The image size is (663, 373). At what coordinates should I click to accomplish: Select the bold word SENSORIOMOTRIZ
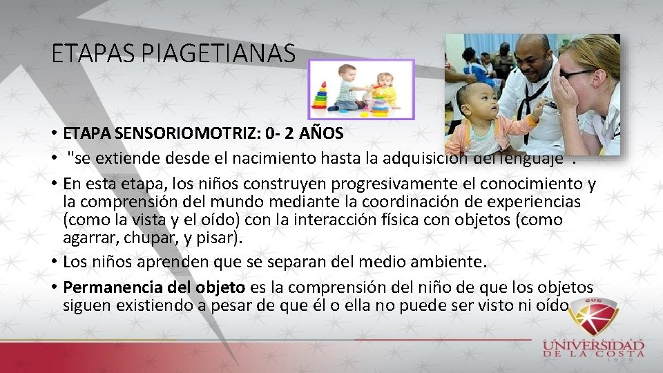tap(163, 132)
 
